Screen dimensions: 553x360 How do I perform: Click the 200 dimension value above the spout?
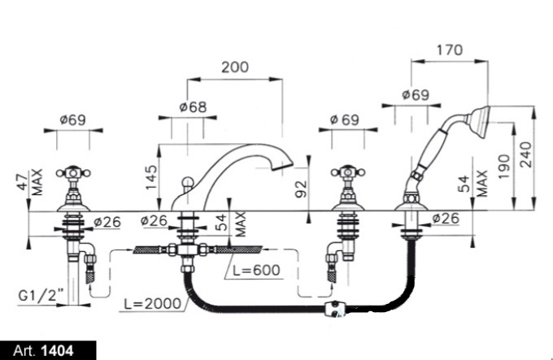point(235,67)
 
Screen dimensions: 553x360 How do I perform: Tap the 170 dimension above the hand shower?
point(449,50)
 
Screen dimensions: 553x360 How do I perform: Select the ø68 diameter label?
point(193,106)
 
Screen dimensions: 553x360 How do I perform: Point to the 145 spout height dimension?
point(151,177)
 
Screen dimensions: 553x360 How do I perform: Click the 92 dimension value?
point(301,189)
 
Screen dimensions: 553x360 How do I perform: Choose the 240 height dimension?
point(526,154)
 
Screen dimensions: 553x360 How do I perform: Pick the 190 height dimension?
point(504,167)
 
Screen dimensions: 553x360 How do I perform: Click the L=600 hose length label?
point(256,270)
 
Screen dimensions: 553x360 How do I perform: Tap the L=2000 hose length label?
point(152,303)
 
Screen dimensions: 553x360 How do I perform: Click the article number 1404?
point(58,351)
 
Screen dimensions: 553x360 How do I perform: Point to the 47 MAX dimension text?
point(30,182)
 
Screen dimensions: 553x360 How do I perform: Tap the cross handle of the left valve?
point(73,172)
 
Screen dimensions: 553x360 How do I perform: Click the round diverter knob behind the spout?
point(187,184)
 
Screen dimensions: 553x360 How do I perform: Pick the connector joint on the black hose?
point(336,309)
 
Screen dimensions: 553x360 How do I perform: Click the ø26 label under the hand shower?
point(446,219)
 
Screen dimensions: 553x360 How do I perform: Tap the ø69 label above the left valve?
point(72,119)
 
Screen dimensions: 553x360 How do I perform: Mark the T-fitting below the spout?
point(187,251)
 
